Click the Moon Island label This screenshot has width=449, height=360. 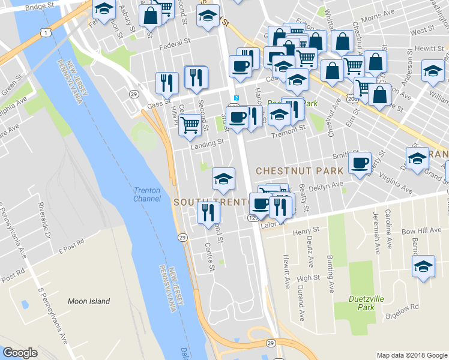pos(89,301)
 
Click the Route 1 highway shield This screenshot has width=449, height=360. pos(46,32)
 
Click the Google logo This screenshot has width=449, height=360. pos(20,353)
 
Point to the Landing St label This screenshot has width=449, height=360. pos(206,144)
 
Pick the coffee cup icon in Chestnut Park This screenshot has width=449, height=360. pos(360,163)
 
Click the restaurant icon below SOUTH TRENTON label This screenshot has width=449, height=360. pos(208,212)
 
